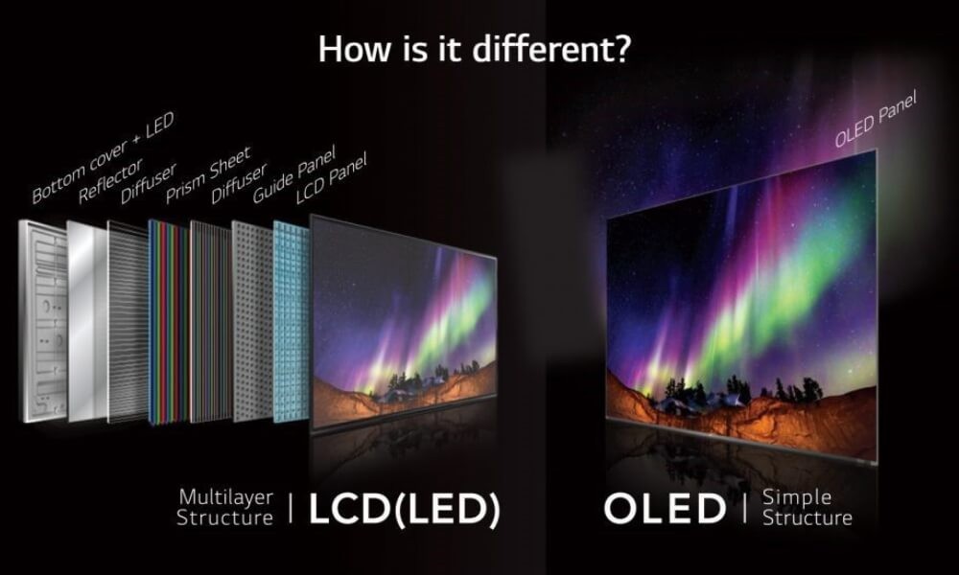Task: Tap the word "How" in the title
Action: click(x=354, y=49)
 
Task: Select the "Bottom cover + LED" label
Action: click(x=103, y=157)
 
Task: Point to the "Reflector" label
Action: click(x=110, y=179)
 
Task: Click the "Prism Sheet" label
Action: click(x=208, y=174)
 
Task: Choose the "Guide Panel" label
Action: click(x=294, y=174)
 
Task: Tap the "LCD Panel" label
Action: click(x=331, y=178)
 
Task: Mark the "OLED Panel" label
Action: click(x=876, y=119)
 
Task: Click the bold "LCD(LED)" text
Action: click(x=405, y=509)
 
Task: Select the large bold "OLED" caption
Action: click(x=665, y=508)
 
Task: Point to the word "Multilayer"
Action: click(x=226, y=497)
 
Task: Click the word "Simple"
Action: click(x=797, y=497)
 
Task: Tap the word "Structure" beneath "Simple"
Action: click(x=807, y=518)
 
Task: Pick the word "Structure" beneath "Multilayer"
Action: click(x=224, y=517)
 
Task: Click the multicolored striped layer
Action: click(x=168, y=322)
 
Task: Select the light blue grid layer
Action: click(x=292, y=322)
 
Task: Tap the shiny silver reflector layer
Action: click(x=86, y=321)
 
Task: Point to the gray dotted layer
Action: click(x=252, y=321)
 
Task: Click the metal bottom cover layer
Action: click(x=43, y=321)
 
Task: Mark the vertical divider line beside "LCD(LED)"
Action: click(x=291, y=508)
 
